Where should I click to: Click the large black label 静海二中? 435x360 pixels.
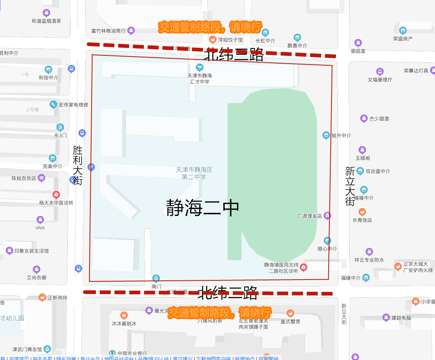coord(203,208)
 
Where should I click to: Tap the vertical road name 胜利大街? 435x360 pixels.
coord(78,165)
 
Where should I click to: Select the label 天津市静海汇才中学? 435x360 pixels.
coord(200,79)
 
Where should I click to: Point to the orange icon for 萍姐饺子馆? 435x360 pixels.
coord(213,40)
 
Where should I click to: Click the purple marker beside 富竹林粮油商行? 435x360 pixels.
coord(131,30)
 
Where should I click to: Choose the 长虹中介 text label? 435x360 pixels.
coord(265,41)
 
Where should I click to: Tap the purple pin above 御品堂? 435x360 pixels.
coord(358,43)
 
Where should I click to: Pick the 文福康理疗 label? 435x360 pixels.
coord(380,80)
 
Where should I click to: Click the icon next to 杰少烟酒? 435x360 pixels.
coord(364,119)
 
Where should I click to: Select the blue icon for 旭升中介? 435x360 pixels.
coord(326,135)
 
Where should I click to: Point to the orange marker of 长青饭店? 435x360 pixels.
coord(362,212)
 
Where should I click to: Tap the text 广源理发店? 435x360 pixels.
coord(310,216)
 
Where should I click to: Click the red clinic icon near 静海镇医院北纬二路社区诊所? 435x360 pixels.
coord(304,268)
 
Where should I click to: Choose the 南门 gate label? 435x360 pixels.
coord(156,286)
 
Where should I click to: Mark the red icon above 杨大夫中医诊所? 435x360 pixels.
coord(56,195)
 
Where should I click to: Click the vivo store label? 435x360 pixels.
coord(40,228)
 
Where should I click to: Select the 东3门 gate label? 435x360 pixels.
coord(60,135)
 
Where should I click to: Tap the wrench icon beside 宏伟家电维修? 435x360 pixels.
coord(53,105)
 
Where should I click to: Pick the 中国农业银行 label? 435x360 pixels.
coord(132,353)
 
